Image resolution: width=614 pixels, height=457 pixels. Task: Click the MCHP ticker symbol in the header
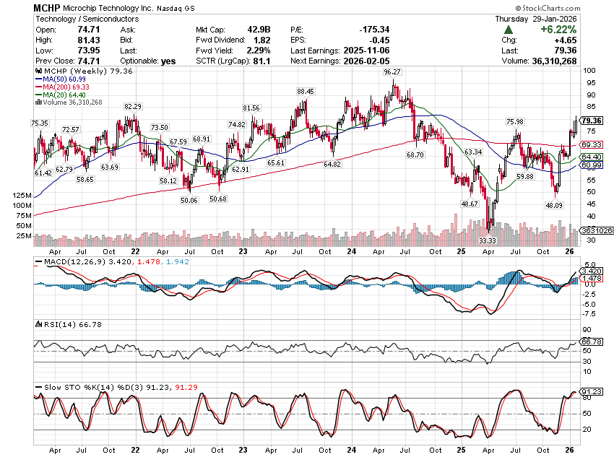pyautogui.click(x=48, y=6)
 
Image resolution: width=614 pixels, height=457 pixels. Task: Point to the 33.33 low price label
pyautogui.click(x=488, y=240)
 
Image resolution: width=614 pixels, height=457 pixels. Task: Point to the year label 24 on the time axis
pyautogui.click(x=350, y=251)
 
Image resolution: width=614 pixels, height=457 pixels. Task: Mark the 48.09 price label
pyautogui.click(x=554, y=205)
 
